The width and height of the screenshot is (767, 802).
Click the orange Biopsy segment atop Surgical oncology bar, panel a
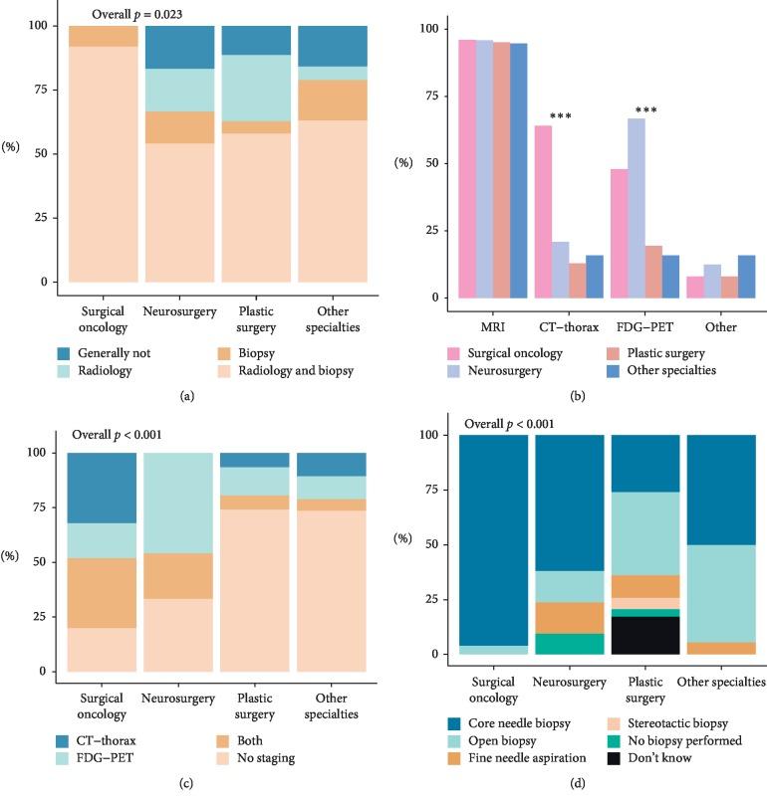point(102,36)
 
